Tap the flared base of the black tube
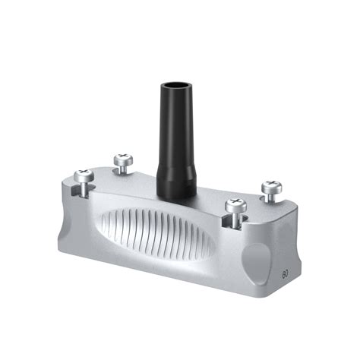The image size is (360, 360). (x=178, y=182)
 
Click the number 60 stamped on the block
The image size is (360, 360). (x=284, y=272)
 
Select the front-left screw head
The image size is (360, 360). (x=84, y=176)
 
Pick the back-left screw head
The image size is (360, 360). (x=122, y=159)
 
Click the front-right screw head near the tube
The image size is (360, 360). (x=236, y=204)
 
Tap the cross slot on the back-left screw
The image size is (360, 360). (x=122, y=159)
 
